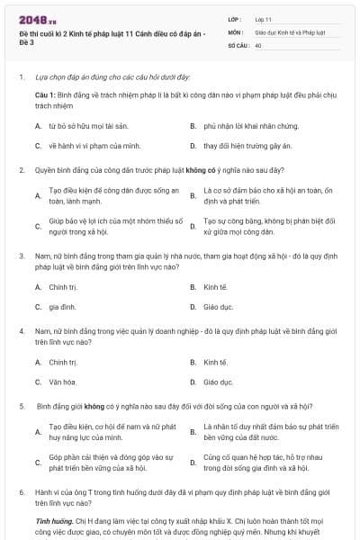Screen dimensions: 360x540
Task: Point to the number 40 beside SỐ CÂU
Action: [258, 44]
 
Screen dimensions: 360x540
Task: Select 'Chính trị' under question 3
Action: [63, 287]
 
